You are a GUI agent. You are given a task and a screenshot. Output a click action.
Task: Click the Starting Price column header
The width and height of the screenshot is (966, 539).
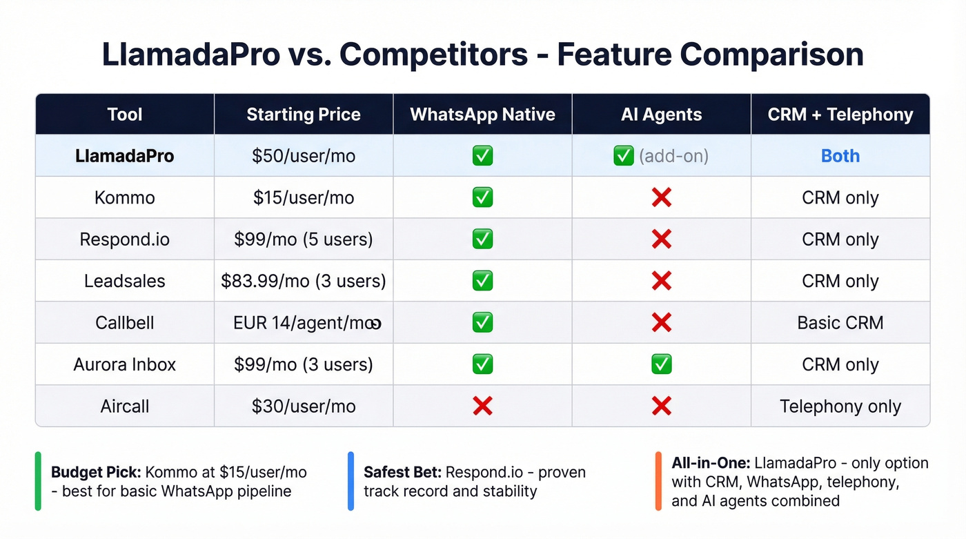(x=304, y=115)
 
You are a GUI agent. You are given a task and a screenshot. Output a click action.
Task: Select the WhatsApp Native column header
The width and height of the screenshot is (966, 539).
(x=482, y=115)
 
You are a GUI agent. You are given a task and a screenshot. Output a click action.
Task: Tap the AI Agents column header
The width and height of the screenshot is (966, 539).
(x=661, y=115)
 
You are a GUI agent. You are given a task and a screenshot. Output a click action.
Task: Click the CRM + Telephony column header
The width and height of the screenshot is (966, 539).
(x=840, y=115)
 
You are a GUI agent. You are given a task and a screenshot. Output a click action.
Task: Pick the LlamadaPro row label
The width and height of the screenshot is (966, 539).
(x=125, y=156)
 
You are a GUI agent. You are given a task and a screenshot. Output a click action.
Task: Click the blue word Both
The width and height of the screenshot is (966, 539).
(x=840, y=156)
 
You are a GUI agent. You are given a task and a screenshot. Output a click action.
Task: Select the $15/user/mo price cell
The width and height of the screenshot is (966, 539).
(x=304, y=198)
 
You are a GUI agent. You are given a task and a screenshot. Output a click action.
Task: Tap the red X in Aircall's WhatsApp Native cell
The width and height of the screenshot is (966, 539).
(x=482, y=406)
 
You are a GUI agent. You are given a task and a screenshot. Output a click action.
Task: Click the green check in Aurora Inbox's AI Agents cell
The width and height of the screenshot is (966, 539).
(x=661, y=364)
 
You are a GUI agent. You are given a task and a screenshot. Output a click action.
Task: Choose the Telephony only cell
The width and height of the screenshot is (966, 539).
(x=840, y=406)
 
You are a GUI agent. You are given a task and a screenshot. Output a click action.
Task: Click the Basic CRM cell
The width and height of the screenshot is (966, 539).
(x=840, y=323)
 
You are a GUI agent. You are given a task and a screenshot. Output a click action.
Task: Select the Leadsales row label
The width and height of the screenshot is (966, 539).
(x=125, y=282)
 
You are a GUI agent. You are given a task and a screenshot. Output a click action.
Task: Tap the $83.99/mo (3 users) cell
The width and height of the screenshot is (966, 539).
(x=304, y=282)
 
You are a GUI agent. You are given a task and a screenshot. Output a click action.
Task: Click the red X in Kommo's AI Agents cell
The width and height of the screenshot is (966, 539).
(x=661, y=198)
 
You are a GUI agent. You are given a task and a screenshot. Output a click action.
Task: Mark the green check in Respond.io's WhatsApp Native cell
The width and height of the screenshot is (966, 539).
(x=482, y=239)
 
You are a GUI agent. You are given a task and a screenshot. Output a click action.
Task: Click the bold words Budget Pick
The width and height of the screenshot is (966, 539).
(x=96, y=473)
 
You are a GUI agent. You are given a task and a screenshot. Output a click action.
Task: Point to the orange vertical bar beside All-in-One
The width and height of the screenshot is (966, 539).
(x=658, y=481)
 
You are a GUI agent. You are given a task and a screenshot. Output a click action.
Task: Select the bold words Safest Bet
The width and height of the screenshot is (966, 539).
(x=402, y=473)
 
